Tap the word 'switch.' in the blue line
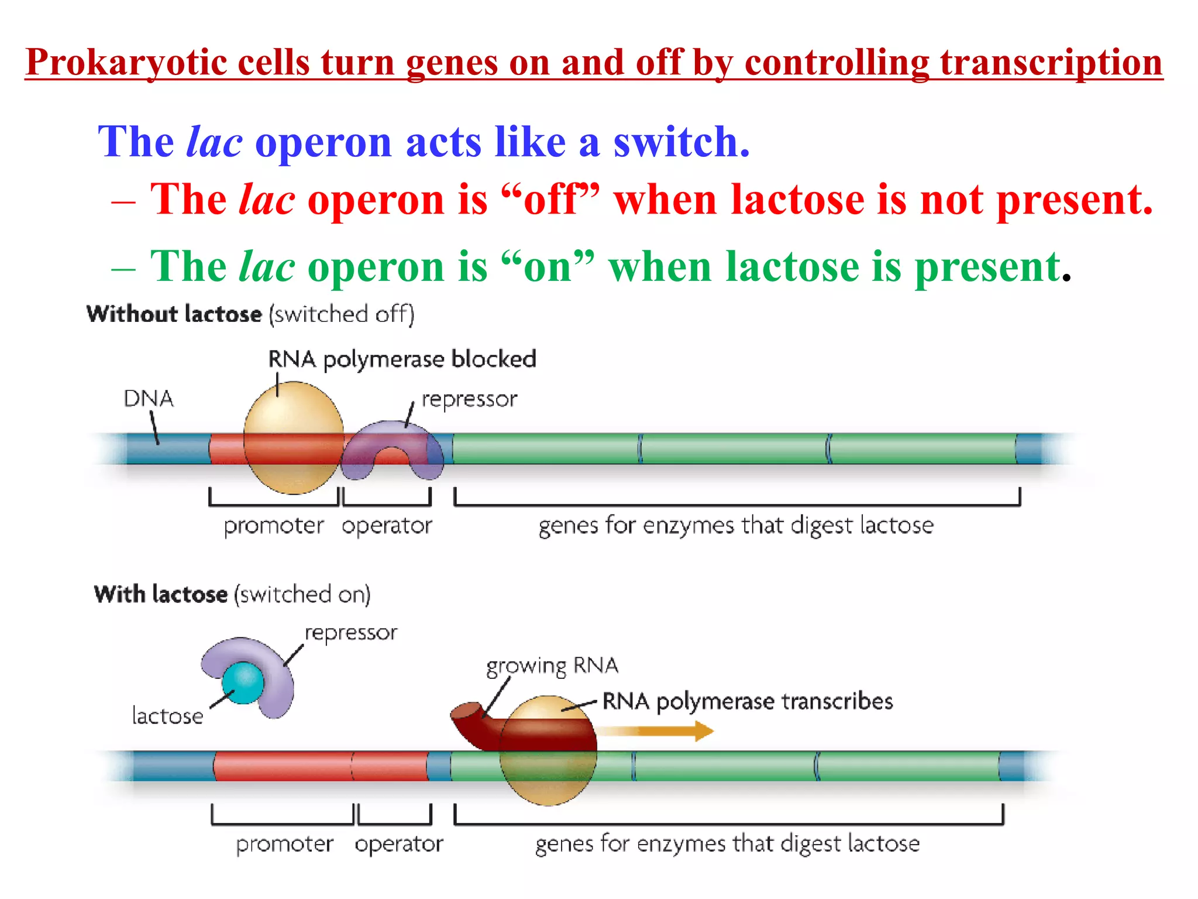[681, 142]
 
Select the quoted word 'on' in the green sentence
[548, 267]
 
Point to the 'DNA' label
[149, 399]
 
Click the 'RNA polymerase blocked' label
[402, 359]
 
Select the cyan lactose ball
[243, 682]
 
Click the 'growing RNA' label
[552, 666]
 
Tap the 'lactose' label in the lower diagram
[167, 716]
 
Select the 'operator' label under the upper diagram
[387, 525]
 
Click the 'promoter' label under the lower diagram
[284, 843]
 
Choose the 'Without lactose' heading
[174, 314]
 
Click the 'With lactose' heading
[161, 594]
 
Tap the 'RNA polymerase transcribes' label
[747, 701]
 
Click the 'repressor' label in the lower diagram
[350, 633]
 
